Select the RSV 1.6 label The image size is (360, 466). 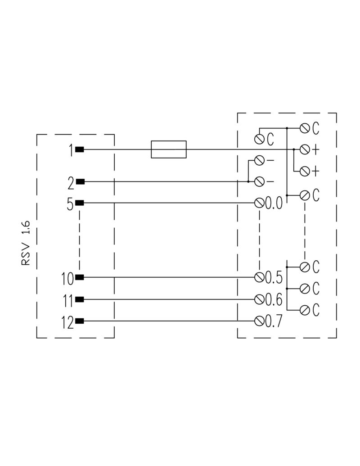[26, 243]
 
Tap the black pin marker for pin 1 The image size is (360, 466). [80, 149]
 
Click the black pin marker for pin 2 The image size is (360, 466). [80, 181]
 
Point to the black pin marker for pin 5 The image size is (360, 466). [80, 203]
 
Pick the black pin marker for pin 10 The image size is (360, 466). [80, 277]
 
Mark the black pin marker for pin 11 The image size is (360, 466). [80, 299]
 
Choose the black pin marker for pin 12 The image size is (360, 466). [80, 321]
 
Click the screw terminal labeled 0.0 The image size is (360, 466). [259, 203]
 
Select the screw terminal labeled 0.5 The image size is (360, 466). [259, 277]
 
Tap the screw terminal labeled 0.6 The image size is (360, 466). [259, 299]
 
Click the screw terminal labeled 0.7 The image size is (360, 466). [259, 321]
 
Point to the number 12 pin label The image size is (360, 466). [67, 323]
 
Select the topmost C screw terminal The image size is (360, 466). [305, 128]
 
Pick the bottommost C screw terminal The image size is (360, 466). [305, 310]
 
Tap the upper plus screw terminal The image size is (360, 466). [305, 149]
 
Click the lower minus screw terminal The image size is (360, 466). [259, 181]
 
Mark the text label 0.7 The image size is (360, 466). [273, 321]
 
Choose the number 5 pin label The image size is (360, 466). [70, 204]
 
